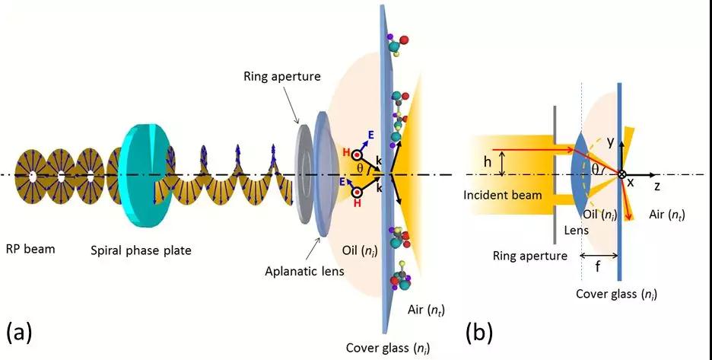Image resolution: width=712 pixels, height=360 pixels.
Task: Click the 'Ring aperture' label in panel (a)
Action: [276, 76]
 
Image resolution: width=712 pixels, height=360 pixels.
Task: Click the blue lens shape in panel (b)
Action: [577, 175]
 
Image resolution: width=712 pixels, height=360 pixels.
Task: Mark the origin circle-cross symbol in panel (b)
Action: [622, 175]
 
